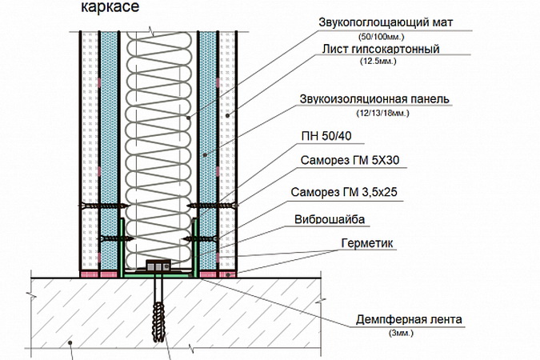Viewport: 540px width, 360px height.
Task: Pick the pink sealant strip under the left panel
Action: click(101, 274)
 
